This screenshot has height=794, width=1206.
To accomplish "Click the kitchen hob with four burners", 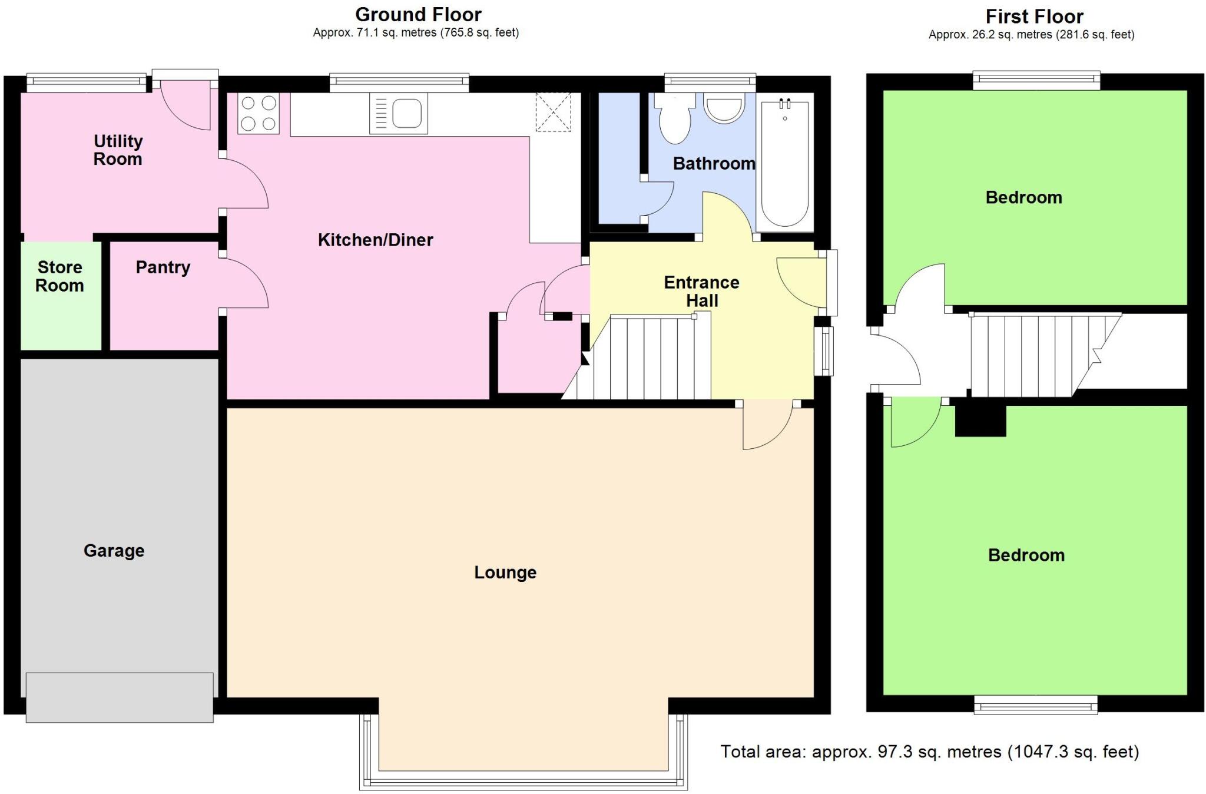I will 259,113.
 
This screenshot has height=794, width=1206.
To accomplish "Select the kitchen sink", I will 399,114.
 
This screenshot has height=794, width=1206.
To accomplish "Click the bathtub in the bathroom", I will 784,163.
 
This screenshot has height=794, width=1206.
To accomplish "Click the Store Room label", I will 59,276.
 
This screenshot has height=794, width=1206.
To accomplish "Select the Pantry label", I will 163,267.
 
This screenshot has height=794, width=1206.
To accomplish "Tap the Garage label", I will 114,551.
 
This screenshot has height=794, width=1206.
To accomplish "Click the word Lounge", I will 505,573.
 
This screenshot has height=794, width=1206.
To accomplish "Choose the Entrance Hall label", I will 701,292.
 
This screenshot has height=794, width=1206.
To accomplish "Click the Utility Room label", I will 118,150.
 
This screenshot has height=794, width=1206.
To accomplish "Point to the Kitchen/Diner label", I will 375,240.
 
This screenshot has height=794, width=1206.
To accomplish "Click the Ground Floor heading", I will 418,15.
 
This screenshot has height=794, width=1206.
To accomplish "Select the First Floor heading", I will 1034,16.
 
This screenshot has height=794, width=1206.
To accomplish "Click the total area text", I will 930,752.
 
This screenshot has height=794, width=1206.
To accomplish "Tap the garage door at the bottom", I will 120,697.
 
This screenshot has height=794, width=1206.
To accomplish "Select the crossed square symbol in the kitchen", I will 553,112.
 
